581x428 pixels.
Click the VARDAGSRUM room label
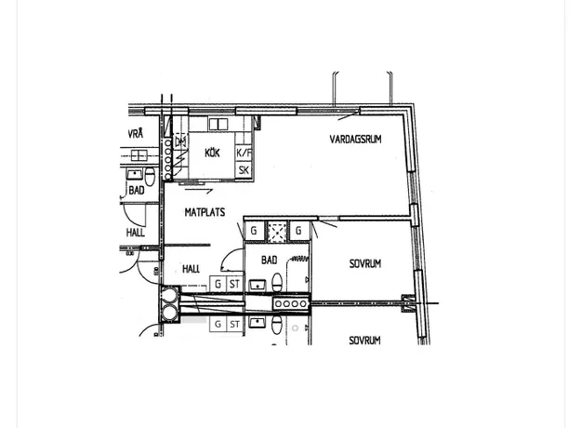click(x=355, y=139)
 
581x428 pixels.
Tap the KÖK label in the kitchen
click(x=212, y=153)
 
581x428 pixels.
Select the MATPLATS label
click(x=205, y=212)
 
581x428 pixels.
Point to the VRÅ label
click(x=136, y=134)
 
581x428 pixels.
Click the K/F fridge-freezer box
click(x=244, y=153)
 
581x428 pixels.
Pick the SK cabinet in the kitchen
click(x=244, y=170)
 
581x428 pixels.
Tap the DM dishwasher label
click(x=180, y=141)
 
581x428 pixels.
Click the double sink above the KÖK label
click(x=218, y=124)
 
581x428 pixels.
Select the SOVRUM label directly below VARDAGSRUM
click(x=365, y=263)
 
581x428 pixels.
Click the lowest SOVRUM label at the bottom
click(x=364, y=341)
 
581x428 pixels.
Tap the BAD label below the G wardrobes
click(x=269, y=260)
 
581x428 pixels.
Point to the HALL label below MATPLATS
click(x=191, y=269)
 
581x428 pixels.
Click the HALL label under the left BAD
click(x=135, y=233)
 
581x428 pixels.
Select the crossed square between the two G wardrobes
click(x=277, y=231)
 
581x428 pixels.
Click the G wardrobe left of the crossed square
click(x=254, y=231)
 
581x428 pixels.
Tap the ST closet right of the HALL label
click(x=234, y=284)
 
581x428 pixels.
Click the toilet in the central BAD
click(x=277, y=282)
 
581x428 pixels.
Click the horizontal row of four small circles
click(x=291, y=303)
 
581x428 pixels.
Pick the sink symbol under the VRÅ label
click(x=139, y=155)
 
